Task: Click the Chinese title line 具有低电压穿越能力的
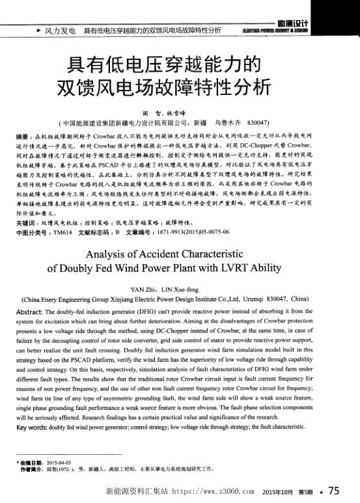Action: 159,65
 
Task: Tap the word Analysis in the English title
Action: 112,252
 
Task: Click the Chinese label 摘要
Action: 23,138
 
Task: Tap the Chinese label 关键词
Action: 25,223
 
